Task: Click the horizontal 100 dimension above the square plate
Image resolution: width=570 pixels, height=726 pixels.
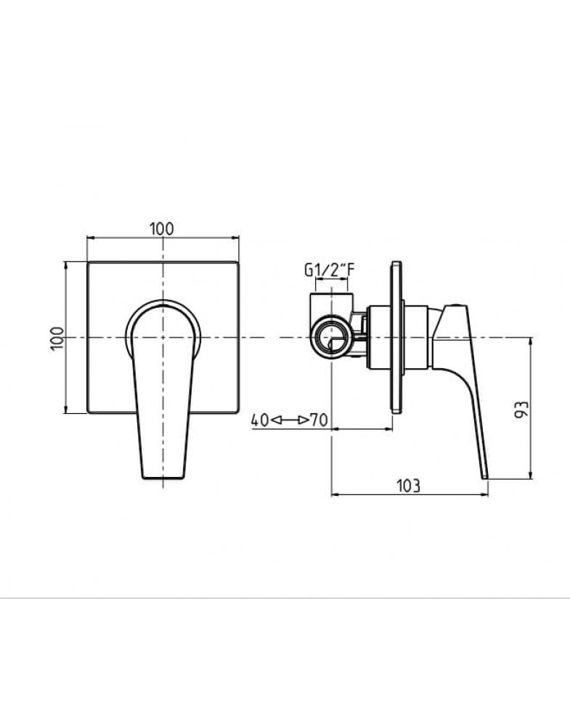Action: tap(162, 229)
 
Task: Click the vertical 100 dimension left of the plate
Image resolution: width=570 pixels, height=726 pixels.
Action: tap(57, 338)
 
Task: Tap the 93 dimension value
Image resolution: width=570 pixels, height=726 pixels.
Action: tap(521, 409)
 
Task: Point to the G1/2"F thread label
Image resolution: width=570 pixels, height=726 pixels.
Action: tap(329, 269)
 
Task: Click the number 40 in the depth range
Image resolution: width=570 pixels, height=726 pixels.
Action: tap(260, 420)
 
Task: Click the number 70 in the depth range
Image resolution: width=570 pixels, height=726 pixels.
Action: tap(319, 420)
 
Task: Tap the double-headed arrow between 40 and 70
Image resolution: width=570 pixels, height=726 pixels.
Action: tap(290, 420)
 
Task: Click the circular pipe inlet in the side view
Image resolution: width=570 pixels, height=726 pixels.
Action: tap(331, 338)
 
